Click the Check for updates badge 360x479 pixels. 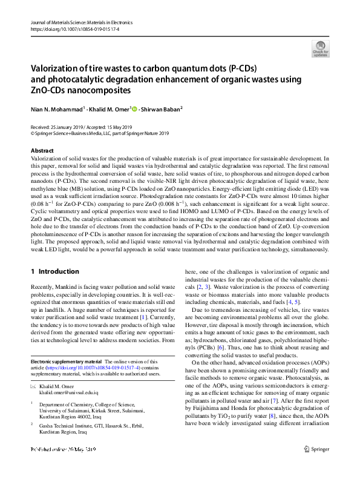321,47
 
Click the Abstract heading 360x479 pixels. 42,150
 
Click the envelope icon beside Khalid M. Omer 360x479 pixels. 33,386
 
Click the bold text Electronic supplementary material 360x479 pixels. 67,361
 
